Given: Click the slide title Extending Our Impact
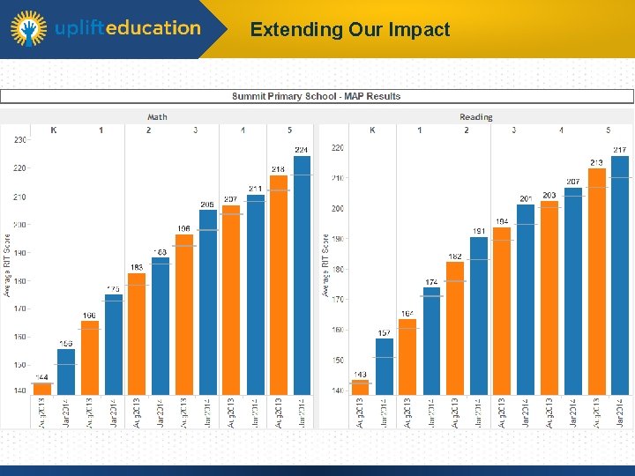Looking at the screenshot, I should point(350,29).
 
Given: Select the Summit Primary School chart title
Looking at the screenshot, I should point(316,96).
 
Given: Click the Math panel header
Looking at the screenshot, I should point(157,116).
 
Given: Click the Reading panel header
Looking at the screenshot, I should point(475,116).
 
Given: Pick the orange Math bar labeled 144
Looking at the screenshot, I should point(42,389).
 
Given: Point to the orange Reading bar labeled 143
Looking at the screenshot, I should point(360,387).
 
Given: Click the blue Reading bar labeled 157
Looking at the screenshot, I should point(384,366).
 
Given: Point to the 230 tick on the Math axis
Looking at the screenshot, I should point(19,139).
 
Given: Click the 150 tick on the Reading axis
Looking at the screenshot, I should point(338,361).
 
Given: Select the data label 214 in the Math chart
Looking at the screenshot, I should point(279,169).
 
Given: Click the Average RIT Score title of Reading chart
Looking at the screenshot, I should point(325,264).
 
